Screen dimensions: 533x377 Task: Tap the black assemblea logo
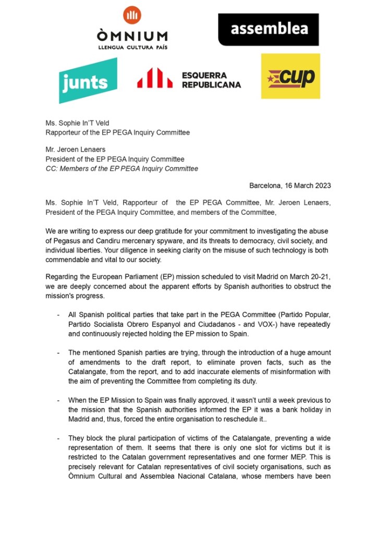268,29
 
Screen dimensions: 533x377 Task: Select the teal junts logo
88,81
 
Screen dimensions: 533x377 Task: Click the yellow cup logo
290,76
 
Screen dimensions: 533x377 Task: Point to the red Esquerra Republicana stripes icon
154,78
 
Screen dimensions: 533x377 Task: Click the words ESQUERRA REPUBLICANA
211,80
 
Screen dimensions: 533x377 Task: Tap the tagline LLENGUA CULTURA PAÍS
132,47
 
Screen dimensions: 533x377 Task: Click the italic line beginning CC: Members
121,169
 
